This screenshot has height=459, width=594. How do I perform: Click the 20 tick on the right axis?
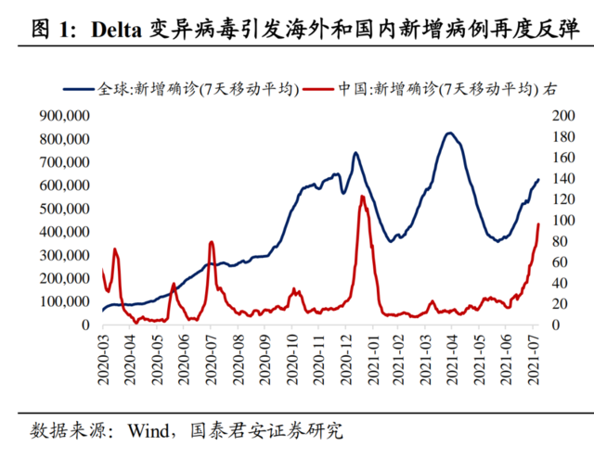coord(557,304)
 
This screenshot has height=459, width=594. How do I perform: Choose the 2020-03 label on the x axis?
coord(103,356)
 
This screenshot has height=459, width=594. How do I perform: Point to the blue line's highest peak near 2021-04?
coord(450,133)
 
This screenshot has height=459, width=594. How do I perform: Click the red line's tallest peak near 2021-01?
coord(362,196)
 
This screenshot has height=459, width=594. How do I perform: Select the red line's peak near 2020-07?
coord(212,242)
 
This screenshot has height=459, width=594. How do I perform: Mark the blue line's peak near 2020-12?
coord(355,153)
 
